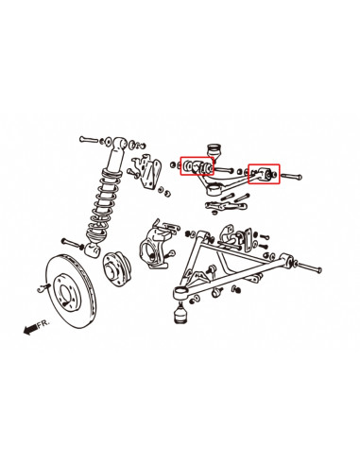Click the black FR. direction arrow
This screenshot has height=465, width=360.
click(x=30, y=330)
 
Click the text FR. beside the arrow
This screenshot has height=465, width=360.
click(x=43, y=323)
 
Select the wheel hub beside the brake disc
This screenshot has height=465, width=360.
click(x=117, y=268)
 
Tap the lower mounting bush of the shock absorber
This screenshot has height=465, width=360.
click(x=93, y=250)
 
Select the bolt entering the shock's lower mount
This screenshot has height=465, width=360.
click(x=72, y=243)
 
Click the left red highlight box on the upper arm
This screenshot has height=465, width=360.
click(x=197, y=166)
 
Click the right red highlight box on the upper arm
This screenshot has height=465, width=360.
click(x=264, y=174)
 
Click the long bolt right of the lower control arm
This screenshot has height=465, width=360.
click(x=309, y=267)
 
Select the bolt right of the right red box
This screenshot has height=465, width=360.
click(x=291, y=176)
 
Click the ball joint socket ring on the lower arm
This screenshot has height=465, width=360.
click(x=180, y=293)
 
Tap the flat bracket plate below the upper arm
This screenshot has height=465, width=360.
click(x=225, y=206)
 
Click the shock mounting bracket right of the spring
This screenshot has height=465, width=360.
click(x=146, y=172)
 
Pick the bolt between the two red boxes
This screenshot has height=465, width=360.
click(x=224, y=170)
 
